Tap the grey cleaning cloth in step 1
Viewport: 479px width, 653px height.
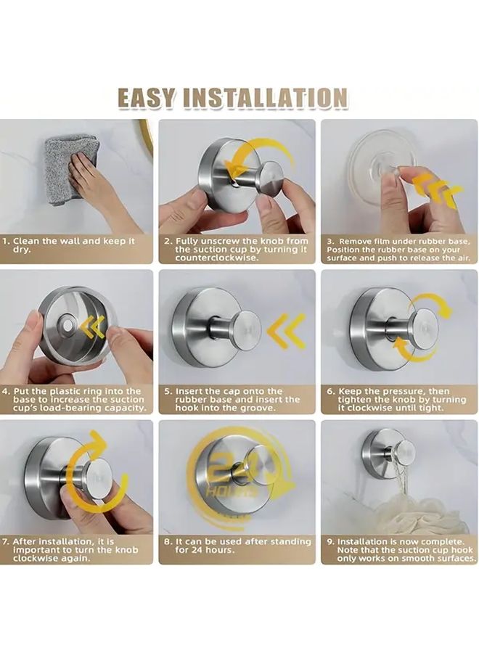[72, 168]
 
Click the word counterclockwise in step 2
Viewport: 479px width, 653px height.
[216, 258]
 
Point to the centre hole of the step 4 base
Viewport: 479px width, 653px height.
[67, 325]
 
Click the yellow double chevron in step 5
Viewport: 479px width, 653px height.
[286, 331]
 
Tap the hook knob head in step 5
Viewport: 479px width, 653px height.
[247, 329]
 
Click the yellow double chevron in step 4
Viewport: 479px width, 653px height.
[93, 328]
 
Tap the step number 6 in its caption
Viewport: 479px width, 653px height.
[330, 392]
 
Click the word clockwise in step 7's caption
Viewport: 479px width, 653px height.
[35, 559]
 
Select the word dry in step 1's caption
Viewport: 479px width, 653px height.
[22, 250]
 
